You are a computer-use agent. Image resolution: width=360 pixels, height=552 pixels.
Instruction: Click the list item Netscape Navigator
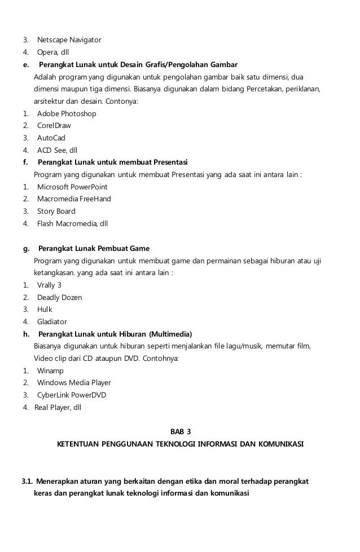point(69,40)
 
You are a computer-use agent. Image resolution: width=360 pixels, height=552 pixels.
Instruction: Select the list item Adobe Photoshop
point(66,113)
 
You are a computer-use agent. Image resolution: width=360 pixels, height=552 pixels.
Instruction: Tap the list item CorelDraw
point(54,126)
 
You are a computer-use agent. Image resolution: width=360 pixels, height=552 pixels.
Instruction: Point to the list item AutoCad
point(51,138)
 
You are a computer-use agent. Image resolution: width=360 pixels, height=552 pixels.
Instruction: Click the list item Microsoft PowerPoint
point(72,187)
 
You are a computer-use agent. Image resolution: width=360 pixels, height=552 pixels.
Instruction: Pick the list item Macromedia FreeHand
point(73,199)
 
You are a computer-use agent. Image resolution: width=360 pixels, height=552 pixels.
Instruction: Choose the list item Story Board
point(56,211)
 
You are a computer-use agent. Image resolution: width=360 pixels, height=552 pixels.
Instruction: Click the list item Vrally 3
point(49,285)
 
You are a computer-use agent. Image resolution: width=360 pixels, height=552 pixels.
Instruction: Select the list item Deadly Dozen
point(59,297)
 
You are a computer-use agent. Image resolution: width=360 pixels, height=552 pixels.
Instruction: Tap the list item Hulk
point(45,309)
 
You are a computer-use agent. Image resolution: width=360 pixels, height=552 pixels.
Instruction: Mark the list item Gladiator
point(52,321)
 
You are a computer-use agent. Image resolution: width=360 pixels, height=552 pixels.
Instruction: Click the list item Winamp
point(50,370)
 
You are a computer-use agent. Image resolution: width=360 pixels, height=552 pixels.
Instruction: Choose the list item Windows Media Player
point(73,383)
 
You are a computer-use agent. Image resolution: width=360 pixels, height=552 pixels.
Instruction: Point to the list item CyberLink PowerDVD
point(71,395)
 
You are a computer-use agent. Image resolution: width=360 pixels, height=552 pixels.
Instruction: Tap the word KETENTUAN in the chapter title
point(78,444)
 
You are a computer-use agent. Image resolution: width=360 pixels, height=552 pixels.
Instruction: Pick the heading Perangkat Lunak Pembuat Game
point(94,248)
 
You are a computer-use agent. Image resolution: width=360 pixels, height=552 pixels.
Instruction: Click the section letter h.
point(26,334)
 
